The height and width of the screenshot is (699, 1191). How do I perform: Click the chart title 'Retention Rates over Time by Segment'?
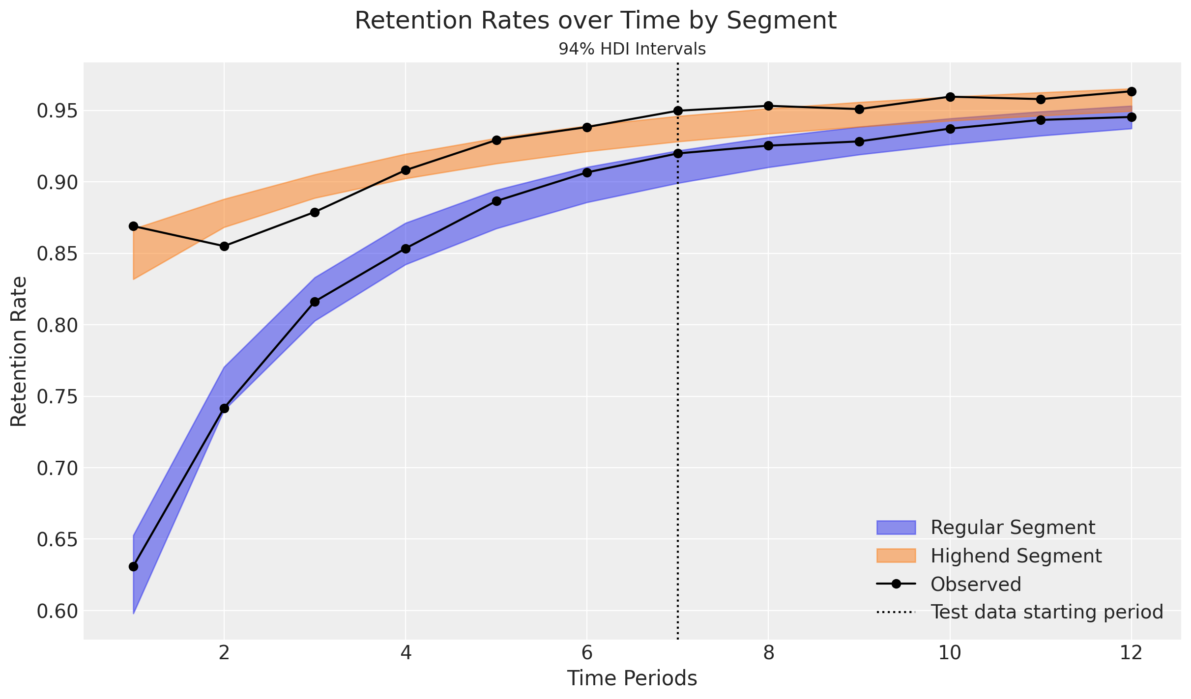click(x=595, y=21)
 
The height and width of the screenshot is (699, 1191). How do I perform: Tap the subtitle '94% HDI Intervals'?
click(x=632, y=49)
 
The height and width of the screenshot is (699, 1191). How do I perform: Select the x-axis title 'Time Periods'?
click(x=632, y=678)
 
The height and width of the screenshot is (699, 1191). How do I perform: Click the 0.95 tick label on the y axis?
click(x=57, y=111)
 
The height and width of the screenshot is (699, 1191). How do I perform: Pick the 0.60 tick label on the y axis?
click(x=57, y=611)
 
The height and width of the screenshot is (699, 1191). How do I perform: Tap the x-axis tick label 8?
click(x=768, y=653)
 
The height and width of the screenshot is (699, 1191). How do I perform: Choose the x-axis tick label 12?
click(x=1132, y=653)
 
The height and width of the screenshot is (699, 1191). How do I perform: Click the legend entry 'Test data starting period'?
click(x=1020, y=612)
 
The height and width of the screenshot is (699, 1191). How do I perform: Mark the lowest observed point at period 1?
click(x=133, y=566)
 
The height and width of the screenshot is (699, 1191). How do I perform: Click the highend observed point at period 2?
click(x=224, y=246)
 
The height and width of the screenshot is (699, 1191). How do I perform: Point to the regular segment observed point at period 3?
click(x=315, y=302)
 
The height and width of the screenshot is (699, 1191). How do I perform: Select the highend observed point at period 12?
click(x=1132, y=91)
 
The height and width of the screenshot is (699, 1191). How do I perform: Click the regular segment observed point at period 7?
click(x=678, y=153)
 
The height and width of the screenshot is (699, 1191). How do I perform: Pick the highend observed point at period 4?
click(x=406, y=170)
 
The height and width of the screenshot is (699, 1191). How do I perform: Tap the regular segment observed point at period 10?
click(x=950, y=129)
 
